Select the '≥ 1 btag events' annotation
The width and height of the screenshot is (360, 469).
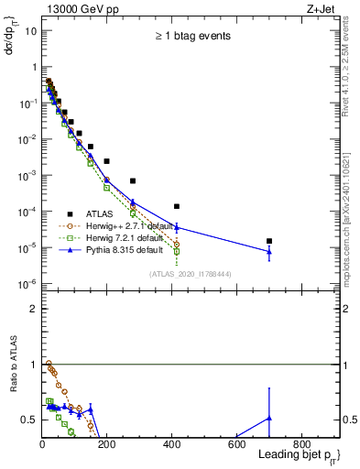point(191,37)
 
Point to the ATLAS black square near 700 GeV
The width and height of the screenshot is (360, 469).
point(269,241)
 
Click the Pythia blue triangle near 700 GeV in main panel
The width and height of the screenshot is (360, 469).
point(269,251)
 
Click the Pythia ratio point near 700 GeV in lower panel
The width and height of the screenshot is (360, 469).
point(269,418)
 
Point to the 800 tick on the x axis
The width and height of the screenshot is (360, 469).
point(301,443)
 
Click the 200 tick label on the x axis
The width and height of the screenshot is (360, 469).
point(107,443)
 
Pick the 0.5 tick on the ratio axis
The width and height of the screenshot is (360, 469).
point(30,420)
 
